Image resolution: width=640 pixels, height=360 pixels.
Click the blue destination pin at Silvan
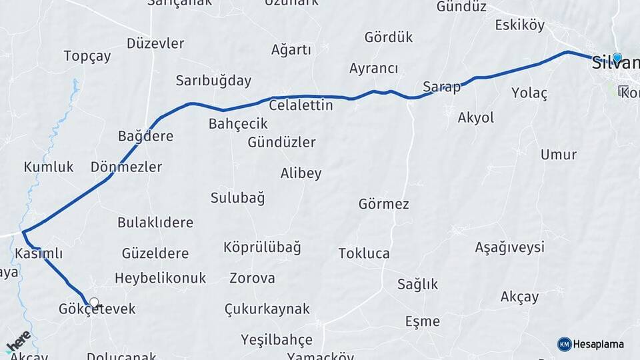coord(617,59)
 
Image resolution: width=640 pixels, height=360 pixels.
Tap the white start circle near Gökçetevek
coord(94,303)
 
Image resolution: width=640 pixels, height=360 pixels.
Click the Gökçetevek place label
coord(97,309)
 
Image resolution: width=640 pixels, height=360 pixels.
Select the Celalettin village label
coord(301,105)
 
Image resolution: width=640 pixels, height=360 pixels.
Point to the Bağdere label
coord(145,136)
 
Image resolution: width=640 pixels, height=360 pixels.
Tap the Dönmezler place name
coord(126,167)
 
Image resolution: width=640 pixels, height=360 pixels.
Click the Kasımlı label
coord(38,253)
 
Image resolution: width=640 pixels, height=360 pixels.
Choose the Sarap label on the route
coord(441,87)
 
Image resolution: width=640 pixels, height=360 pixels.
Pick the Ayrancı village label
coord(373,69)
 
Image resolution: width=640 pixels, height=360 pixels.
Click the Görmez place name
coord(383,204)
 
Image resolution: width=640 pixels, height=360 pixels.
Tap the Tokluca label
coord(364,253)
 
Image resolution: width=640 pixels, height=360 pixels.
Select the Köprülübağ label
coord(262,247)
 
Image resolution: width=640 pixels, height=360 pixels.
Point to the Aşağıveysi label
coord(509,247)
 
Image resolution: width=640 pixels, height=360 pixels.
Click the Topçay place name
coord(87,56)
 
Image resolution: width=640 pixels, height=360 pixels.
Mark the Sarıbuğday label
coord(213,81)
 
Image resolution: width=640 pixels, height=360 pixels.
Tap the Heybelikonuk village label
coord(160,278)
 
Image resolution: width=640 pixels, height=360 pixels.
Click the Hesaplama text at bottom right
coord(598,344)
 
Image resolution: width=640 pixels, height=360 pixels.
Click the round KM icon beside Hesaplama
coord(564,344)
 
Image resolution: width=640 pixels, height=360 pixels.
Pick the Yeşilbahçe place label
coord(276,340)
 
